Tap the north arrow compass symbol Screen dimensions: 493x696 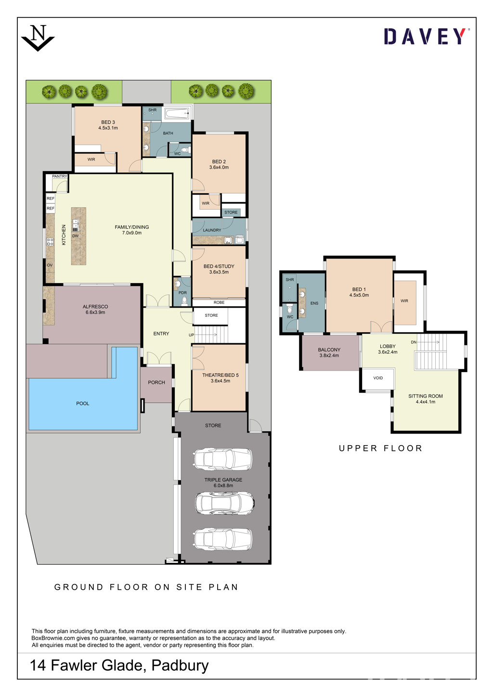pyautogui.click(x=38, y=38)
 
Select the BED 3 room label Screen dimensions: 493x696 pyautogui.click(x=108, y=122)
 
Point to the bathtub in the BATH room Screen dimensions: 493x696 pyautogui.click(x=177, y=113)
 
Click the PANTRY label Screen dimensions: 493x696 pyautogui.click(x=59, y=176)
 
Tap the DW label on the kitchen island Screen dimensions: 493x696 pyautogui.click(x=75, y=236)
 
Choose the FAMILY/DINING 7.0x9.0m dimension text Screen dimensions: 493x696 pyautogui.click(x=131, y=233)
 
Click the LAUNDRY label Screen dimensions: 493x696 pyautogui.click(x=212, y=230)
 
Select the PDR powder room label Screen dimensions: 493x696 pyautogui.click(x=182, y=293)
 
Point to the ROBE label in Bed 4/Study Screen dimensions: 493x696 pyautogui.click(x=219, y=302)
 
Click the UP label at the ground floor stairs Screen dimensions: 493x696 pyautogui.click(x=192, y=335)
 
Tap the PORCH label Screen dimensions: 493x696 pyautogui.click(x=156, y=383)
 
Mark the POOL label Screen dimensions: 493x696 pyautogui.click(x=82, y=404)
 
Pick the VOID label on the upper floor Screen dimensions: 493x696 pyautogui.click(x=378, y=378)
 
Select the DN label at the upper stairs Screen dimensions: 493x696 pyautogui.click(x=414, y=342)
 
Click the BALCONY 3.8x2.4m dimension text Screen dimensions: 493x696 pyautogui.click(x=329, y=356)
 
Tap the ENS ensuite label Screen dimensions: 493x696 pyautogui.click(x=314, y=303)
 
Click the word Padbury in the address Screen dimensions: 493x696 pyautogui.click(x=180, y=665)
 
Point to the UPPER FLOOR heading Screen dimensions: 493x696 pyautogui.click(x=380, y=448)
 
